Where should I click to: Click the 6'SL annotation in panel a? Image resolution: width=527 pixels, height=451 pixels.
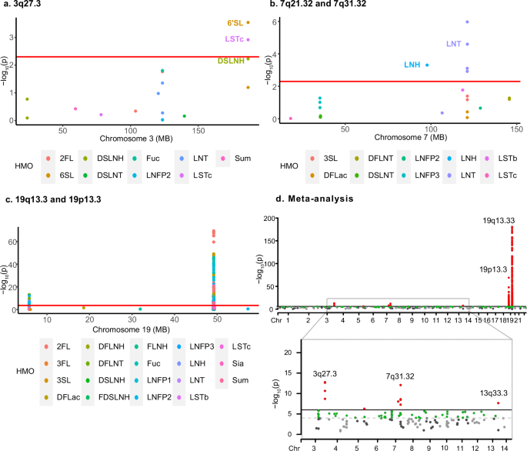pyautogui.click(x=233, y=23)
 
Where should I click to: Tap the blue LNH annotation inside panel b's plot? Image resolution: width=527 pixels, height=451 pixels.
pyautogui.click(x=412, y=65)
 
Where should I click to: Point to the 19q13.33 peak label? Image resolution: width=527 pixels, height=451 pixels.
pyautogui.click(x=500, y=220)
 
